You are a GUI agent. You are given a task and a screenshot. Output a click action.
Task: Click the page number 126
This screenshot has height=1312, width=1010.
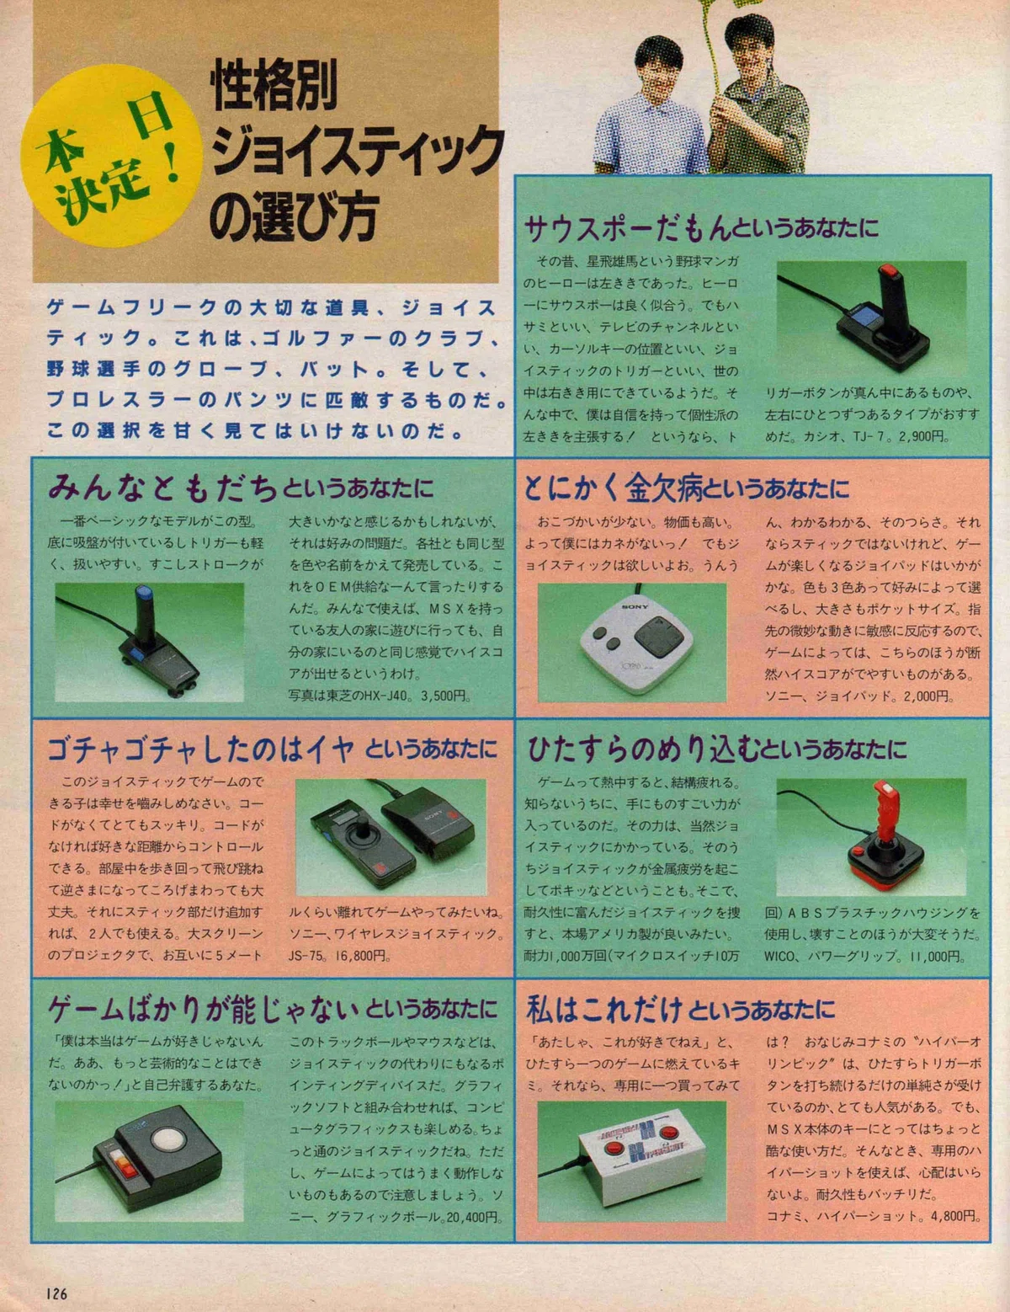coord(56,1293)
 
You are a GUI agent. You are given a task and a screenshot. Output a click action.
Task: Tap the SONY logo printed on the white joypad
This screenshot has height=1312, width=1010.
coord(635,605)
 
